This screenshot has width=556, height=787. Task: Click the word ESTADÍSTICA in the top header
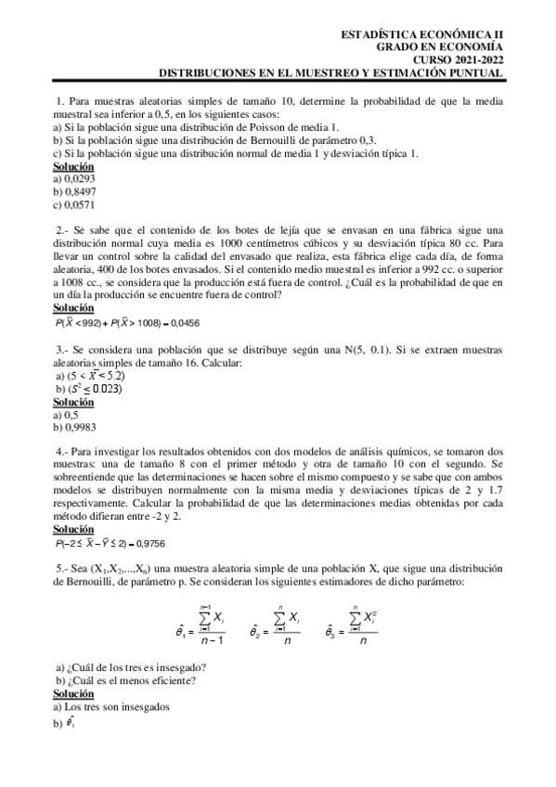pos(379,32)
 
